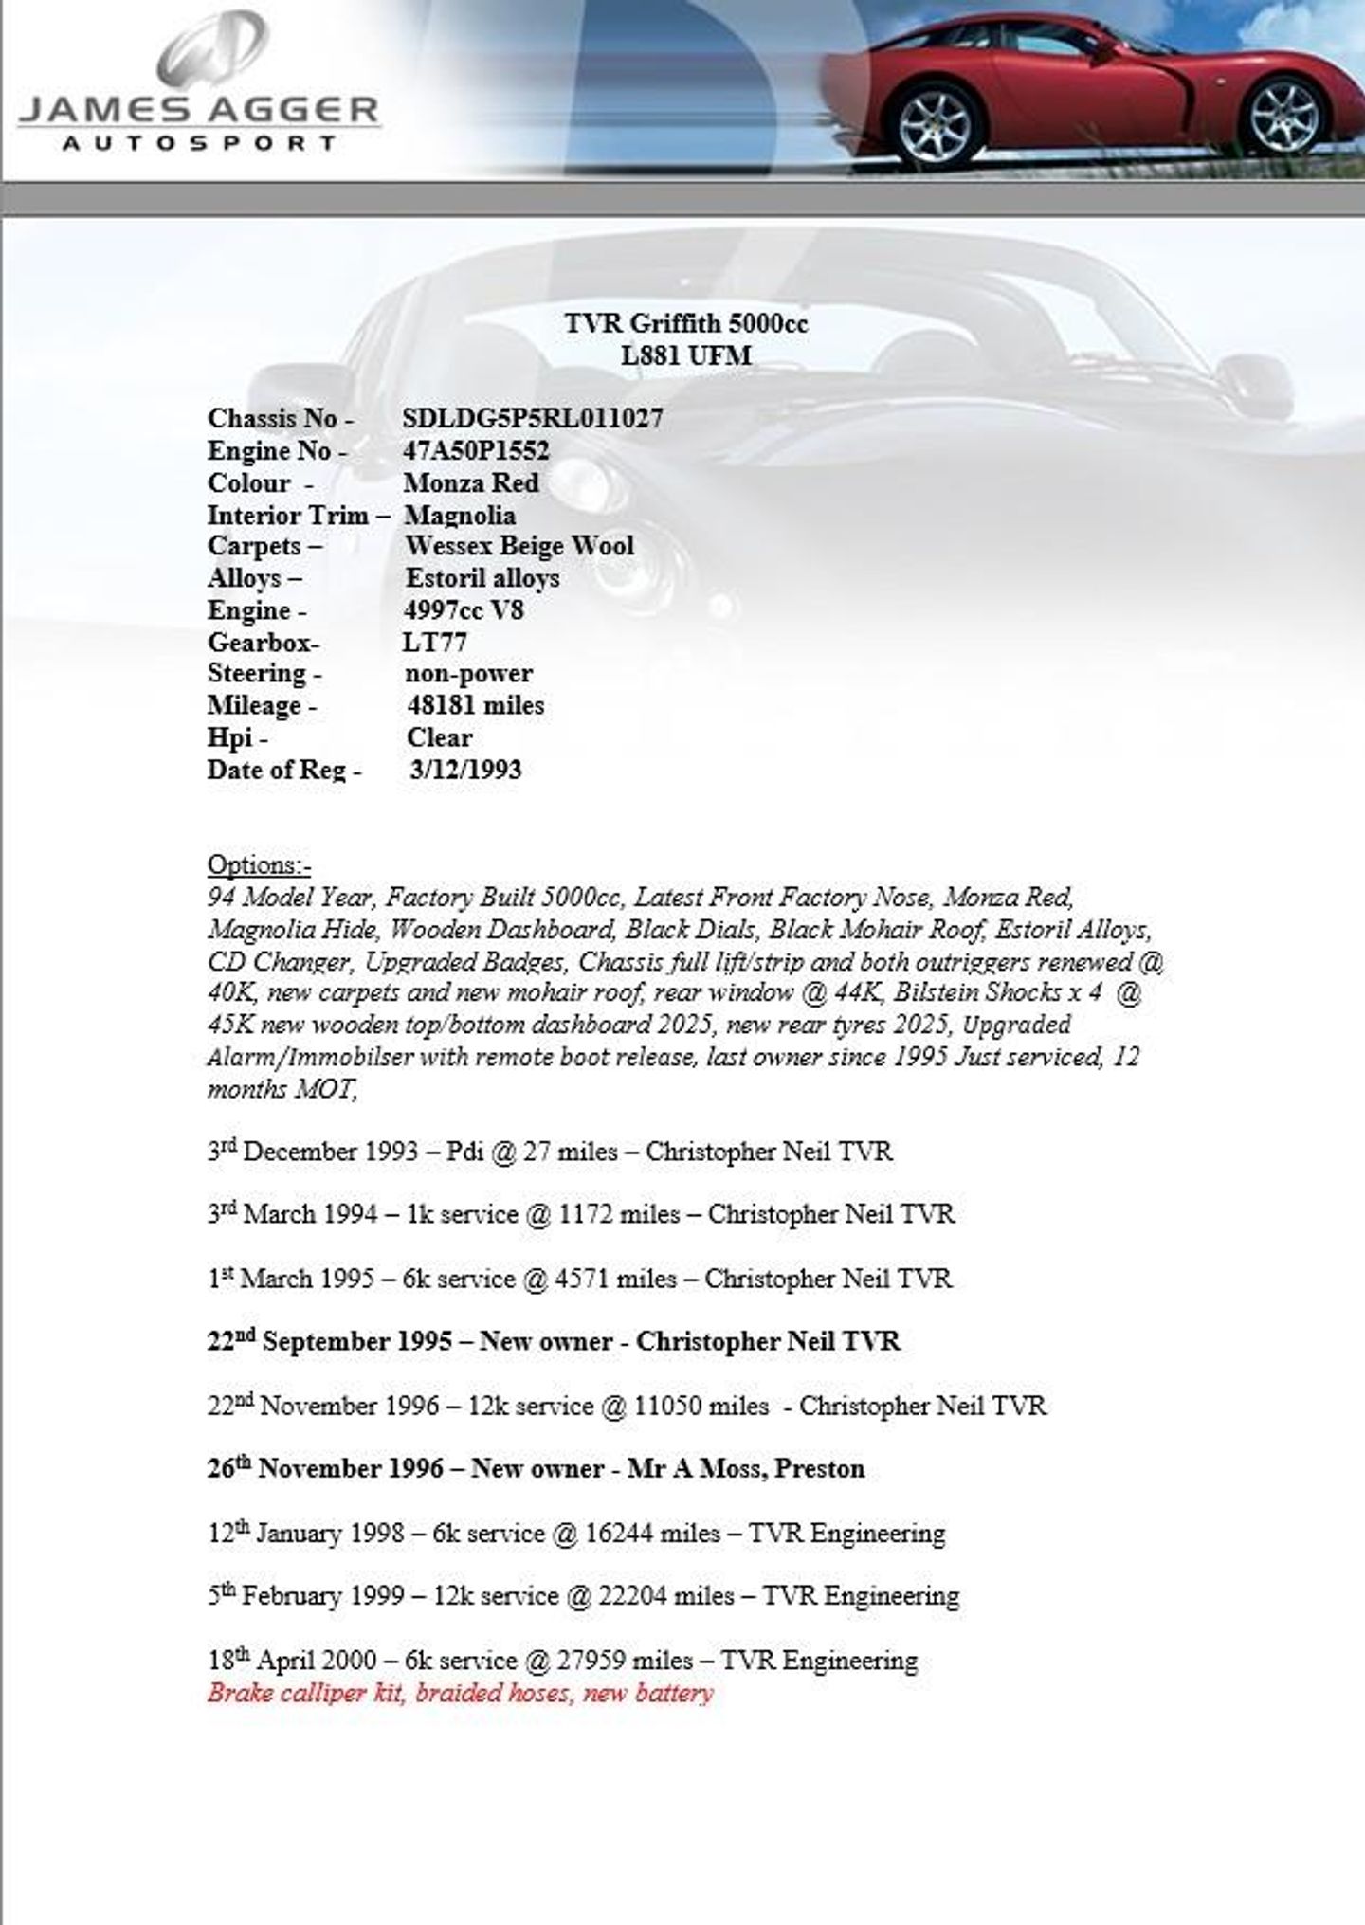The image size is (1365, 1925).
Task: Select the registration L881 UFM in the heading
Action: [685, 356]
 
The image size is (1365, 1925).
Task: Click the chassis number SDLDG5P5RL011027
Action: [533, 418]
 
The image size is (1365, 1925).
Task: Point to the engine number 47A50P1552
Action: [476, 450]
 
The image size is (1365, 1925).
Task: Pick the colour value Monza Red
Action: [471, 482]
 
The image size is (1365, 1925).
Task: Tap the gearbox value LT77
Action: [434, 642]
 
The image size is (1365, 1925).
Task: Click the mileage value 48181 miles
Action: [476, 705]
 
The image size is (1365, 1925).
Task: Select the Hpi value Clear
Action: [439, 737]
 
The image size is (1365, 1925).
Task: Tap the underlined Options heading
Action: [259, 864]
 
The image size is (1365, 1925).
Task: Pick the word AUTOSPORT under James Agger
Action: [199, 144]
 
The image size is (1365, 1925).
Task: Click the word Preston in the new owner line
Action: [820, 1468]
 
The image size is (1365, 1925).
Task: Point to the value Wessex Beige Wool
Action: [519, 546]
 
